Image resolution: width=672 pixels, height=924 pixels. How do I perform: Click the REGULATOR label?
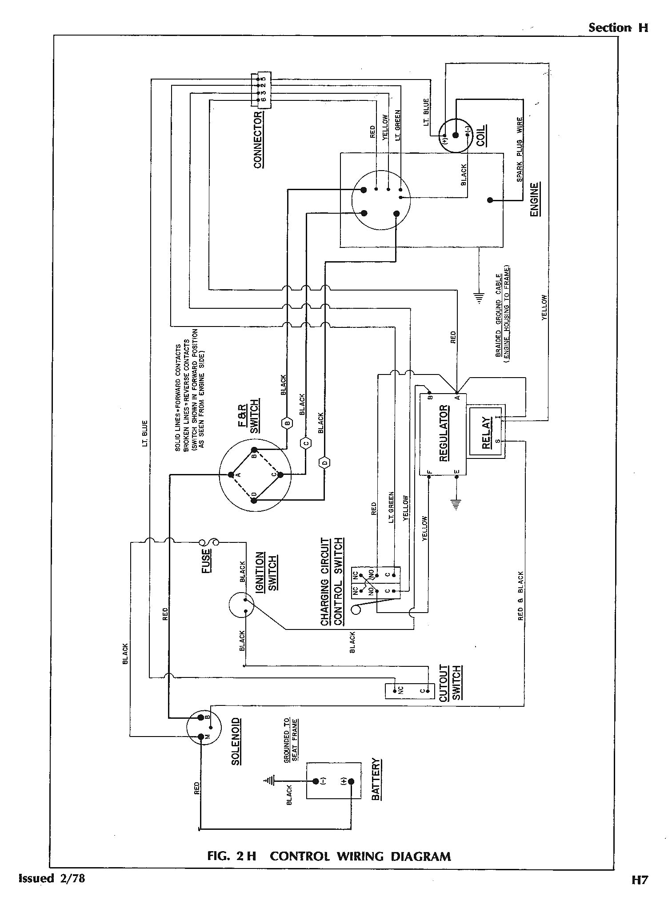point(444,434)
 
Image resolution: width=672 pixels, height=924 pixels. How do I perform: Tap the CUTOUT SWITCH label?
point(451,684)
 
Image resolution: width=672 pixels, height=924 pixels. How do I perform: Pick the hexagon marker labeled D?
point(325,463)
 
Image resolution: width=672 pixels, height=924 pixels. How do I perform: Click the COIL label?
point(481,135)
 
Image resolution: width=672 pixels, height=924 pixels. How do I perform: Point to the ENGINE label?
point(535,199)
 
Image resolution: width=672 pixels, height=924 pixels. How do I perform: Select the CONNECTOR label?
point(258,140)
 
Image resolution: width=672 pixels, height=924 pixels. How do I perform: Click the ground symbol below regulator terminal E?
point(456,503)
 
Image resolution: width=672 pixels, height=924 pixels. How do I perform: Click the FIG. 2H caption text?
point(329,856)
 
